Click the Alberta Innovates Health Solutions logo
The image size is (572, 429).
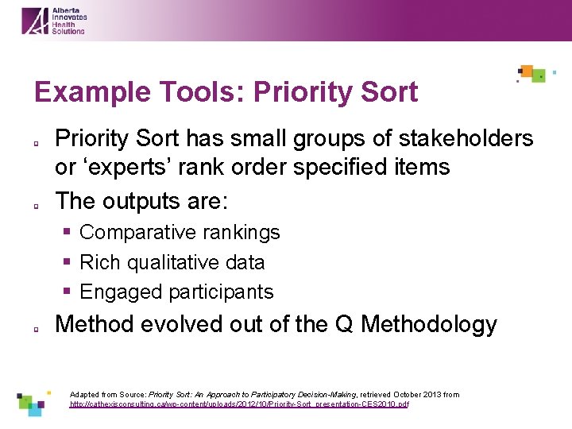53,21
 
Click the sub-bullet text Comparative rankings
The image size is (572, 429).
180,232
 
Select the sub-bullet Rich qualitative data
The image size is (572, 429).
172,262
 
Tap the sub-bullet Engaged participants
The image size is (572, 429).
176,292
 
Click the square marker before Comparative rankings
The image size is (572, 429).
68,233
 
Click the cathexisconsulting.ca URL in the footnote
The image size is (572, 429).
239,404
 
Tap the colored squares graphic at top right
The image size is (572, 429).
534,74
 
